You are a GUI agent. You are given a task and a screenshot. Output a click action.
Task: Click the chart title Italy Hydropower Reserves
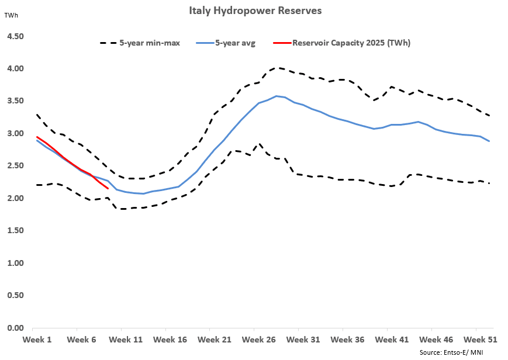pos(254,11)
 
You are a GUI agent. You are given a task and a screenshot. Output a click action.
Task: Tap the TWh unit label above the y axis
pos(11,15)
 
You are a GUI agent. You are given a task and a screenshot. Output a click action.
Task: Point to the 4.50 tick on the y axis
pos(15,36)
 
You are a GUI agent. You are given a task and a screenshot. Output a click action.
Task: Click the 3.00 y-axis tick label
pos(15,133)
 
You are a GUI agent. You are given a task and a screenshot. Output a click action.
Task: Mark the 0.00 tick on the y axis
pos(15,328)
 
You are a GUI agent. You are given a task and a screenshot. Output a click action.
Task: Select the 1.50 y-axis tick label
pos(15,231)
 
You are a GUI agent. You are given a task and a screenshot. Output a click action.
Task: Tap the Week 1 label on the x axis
pos(37,339)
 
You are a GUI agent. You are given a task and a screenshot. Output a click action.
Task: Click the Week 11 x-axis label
pos(126,339)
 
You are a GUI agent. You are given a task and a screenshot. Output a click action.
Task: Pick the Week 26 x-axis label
pos(258,339)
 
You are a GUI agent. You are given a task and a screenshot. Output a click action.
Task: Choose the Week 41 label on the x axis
pos(390,339)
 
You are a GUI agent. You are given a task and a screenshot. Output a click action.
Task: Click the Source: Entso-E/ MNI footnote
pos(451,352)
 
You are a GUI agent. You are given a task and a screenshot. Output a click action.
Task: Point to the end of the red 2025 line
pos(108,188)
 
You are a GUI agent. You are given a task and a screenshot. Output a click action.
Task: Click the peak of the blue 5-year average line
pos(277,96)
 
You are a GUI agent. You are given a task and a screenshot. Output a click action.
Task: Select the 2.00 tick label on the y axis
pos(15,198)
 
